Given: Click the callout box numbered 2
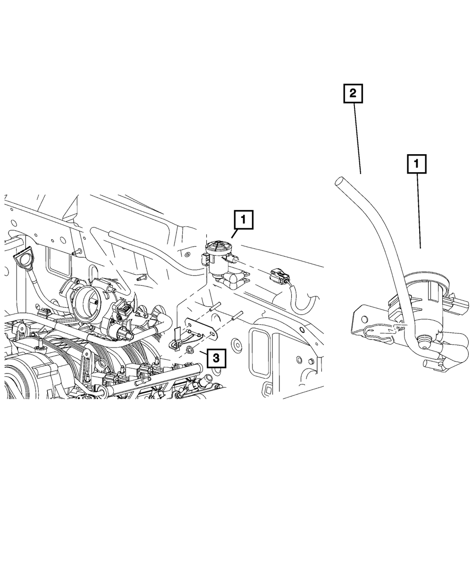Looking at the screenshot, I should tap(353, 93).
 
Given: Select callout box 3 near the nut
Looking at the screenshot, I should tap(216, 358).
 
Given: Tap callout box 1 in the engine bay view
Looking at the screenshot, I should tap(243, 219).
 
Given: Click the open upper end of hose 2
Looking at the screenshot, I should tap(338, 181).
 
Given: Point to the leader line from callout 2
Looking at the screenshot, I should tap(357, 137).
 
